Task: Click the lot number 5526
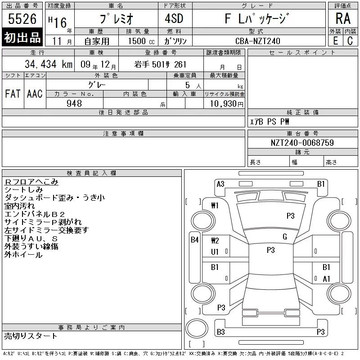[x=22, y=19]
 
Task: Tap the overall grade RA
[x=343, y=18]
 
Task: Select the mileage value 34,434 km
[x=49, y=64]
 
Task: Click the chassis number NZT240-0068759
[x=302, y=143]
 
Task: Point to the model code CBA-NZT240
[x=258, y=41]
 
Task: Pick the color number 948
[x=74, y=103]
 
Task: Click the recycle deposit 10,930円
[x=227, y=104]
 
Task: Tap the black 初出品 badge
[x=22, y=37]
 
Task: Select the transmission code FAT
[x=13, y=94]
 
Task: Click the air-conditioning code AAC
[x=35, y=94]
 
